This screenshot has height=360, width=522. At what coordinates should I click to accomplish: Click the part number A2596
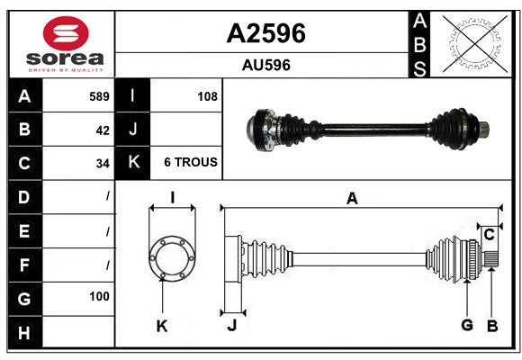(x=265, y=33)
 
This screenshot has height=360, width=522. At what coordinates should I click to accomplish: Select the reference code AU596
(x=266, y=65)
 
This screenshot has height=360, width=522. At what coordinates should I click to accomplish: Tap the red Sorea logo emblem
(x=66, y=33)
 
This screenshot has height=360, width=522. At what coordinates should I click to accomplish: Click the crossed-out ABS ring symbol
(x=475, y=44)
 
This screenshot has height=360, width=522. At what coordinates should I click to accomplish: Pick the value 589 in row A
(x=99, y=96)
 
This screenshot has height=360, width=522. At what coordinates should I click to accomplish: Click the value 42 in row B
(x=103, y=130)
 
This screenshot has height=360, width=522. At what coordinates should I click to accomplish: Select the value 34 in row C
(x=103, y=164)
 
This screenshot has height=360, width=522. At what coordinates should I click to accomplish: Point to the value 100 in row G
(x=99, y=296)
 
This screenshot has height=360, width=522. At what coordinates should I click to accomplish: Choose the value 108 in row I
(x=207, y=96)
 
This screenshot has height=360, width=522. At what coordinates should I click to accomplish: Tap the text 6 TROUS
(x=191, y=162)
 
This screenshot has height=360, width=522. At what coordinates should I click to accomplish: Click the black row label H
(x=25, y=332)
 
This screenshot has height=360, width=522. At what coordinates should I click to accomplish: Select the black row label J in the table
(x=132, y=130)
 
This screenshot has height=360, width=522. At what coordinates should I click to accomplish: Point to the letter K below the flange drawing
(x=162, y=327)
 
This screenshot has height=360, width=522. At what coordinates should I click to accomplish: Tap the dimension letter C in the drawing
(x=489, y=235)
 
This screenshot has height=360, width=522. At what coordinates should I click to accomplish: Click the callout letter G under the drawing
(x=467, y=325)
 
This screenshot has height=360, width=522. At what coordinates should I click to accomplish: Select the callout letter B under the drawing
(x=492, y=326)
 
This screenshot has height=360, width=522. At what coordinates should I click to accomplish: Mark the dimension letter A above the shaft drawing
(x=352, y=199)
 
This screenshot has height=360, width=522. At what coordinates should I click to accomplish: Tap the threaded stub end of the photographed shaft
(x=484, y=129)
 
